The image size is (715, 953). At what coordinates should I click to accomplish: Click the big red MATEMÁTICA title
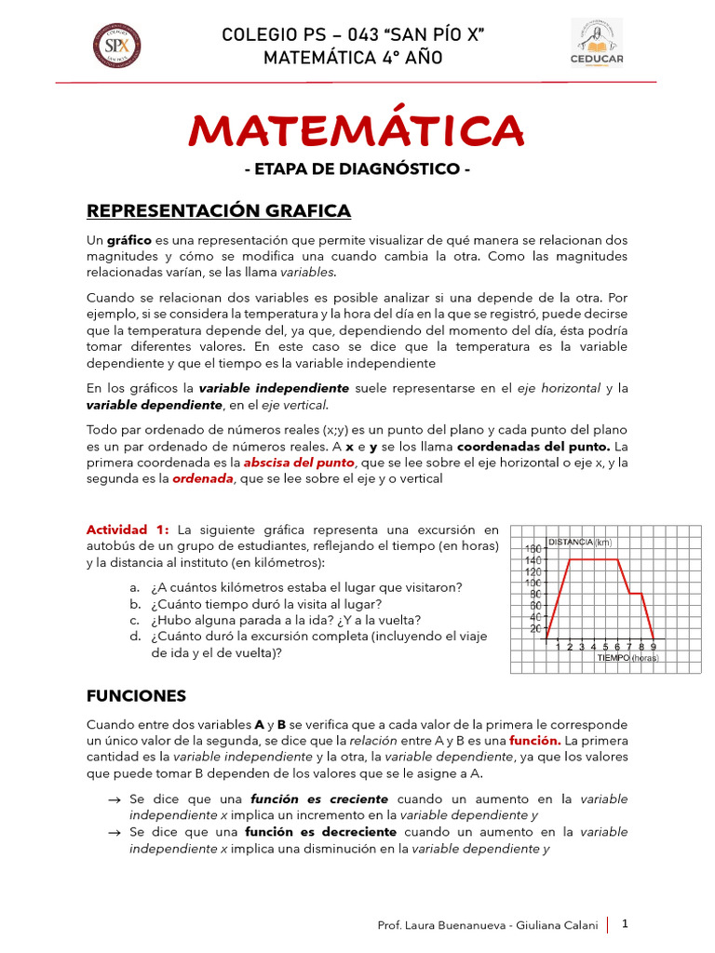click(357, 131)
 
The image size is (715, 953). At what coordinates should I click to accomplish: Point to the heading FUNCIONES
click(136, 695)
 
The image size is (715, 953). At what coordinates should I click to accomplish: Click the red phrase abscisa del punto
click(299, 463)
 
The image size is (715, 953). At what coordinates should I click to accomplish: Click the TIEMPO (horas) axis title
click(627, 657)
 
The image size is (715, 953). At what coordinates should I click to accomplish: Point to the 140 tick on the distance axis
click(533, 560)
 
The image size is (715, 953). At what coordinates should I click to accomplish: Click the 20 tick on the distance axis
click(535, 628)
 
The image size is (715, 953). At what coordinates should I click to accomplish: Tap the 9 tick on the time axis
click(653, 647)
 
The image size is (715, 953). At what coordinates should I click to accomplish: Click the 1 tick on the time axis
click(559, 647)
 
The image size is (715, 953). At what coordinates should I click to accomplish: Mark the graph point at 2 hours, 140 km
click(570, 559)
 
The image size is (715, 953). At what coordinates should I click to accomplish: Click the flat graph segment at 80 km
click(635, 593)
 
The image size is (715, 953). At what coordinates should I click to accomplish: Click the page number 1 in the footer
click(626, 924)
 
